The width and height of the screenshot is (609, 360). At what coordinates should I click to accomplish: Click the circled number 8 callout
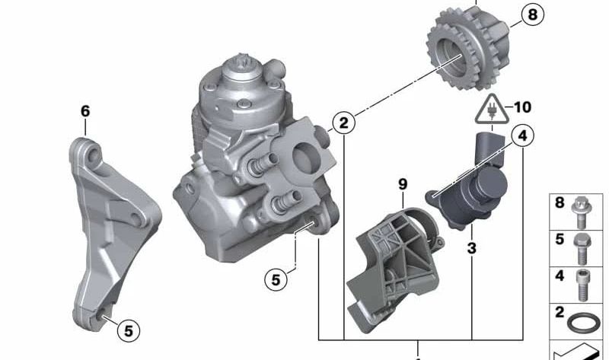(x=531, y=14)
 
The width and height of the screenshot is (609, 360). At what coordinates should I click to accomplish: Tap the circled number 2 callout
(x=343, y=122)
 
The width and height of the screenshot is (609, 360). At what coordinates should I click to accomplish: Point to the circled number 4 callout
(x=521, y=136)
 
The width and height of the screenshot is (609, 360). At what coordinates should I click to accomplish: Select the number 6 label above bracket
(x=85, y=111)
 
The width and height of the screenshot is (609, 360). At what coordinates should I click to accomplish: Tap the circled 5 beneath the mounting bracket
(x=129, y=330)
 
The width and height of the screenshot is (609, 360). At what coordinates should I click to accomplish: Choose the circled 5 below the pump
(x=276, y=279)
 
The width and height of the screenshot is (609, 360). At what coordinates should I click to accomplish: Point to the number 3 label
(x=471, y=248)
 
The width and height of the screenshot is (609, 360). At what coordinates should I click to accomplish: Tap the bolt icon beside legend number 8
(x=582, y=212)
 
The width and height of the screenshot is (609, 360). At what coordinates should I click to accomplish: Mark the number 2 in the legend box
(x=560, y=312)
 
